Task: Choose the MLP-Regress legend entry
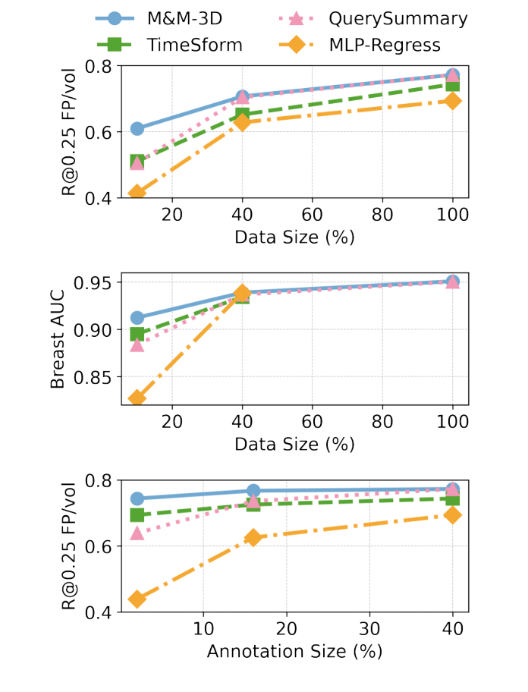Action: tap(385, 45)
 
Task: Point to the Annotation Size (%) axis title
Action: tap(294, 651)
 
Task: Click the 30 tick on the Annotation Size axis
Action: tap(369, 629)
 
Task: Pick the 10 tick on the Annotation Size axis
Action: tap(203, 629)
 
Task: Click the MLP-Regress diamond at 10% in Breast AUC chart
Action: tap(137, 398)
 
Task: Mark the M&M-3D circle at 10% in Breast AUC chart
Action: tap(137, 318)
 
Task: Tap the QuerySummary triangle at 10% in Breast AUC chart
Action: tap(137, 345)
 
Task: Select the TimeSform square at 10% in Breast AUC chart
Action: tap(137, 334)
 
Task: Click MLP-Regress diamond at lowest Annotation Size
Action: tap(137, 599)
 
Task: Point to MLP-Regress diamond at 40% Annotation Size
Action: tap(453, 515)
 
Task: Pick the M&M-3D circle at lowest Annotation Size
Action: tap(137, 499)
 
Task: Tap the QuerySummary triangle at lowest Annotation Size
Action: tap(137, 533)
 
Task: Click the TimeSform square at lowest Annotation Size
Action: tap(137, 515)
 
